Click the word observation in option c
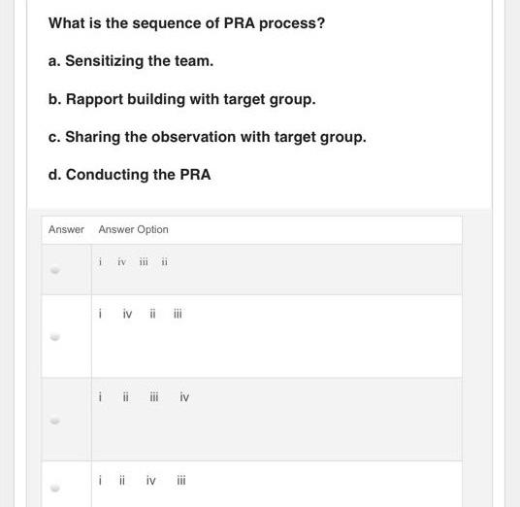[x=195, y=137]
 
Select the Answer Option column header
[x=133, y=229]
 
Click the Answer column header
[x=66, y=229]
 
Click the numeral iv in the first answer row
[x=121, y=261]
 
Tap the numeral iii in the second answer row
[x=178, y=314]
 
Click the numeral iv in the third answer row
[x=184, y=396]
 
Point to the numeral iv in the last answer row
[x=150, y=480]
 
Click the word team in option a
[x=192, y=60]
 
